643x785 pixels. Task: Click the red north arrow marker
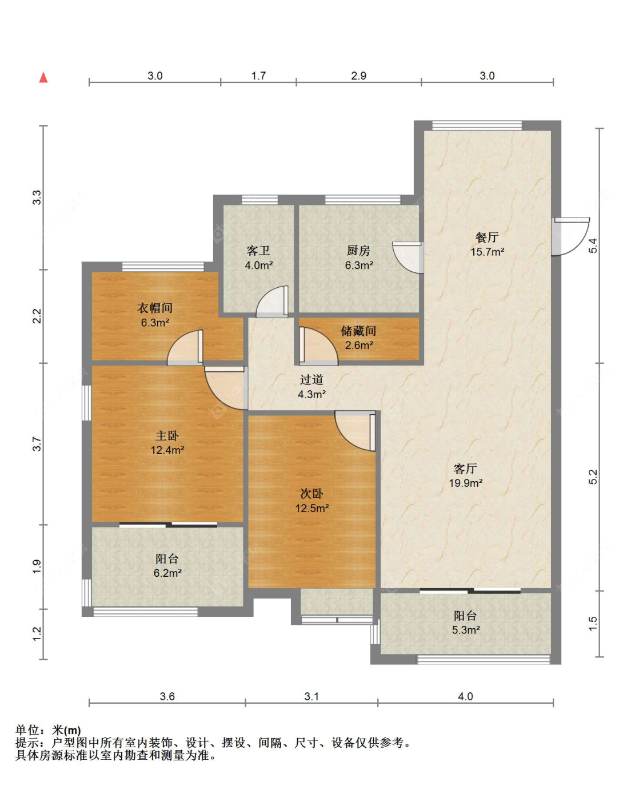point(43,77)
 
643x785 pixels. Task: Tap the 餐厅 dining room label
point(487,237)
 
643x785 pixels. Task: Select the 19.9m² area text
point(466,483)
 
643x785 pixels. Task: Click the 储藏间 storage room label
point(358,331)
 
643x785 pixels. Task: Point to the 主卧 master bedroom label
point(167,435)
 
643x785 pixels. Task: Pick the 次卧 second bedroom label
point(311,494)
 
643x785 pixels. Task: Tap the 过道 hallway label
point(311,380)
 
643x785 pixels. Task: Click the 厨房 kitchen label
point(358,251)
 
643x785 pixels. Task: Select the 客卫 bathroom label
point(258,251)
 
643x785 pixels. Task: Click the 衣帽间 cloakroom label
point(155,308)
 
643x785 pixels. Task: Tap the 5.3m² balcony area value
point(466,630)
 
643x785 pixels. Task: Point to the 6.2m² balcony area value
point(167,573)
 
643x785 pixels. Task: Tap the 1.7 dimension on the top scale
point(258,76)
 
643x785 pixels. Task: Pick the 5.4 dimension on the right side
point(593,245)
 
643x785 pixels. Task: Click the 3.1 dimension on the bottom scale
point(311,696)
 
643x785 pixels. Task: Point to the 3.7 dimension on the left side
point(37,444)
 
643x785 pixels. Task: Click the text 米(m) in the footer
point(66,731)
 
